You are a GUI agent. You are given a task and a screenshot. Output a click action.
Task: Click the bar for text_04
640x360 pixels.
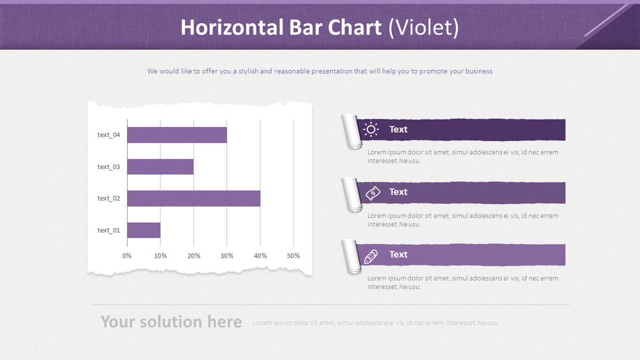[177, 135]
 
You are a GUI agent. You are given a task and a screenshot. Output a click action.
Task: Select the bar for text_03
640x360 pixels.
[160, 166]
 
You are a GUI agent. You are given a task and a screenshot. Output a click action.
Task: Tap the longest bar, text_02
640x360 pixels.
[194, 198]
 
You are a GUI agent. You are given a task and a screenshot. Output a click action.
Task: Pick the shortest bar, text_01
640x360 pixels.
[144, 230]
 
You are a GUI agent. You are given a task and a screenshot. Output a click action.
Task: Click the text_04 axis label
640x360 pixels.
[108, 135]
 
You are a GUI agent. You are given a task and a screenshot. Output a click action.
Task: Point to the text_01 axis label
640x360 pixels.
[108, 230]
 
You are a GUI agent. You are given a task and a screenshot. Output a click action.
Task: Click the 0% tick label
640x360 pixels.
[127, 256]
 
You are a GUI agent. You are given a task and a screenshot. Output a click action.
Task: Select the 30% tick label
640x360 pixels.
[227, 256]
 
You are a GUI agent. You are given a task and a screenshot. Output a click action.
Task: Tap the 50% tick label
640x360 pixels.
[293, 256]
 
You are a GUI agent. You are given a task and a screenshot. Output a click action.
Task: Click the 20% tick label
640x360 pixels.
[194, 256]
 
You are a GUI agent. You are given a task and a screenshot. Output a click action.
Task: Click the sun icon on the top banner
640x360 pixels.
[371, 129]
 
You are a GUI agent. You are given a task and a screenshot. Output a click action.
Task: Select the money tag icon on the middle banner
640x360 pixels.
[372, 192]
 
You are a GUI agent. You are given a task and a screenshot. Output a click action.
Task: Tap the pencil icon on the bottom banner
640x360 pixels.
[371, 256]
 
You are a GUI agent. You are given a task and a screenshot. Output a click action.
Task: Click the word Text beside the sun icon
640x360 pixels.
[398, 129]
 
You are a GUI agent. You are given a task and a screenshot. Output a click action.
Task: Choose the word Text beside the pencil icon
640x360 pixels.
[398, 254]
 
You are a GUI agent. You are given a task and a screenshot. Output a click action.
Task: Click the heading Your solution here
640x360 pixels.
[171, 322]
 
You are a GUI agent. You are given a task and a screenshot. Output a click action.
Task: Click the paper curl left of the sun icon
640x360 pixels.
[352, 131]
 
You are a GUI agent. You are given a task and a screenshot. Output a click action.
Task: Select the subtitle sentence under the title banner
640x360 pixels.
[319, 71]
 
